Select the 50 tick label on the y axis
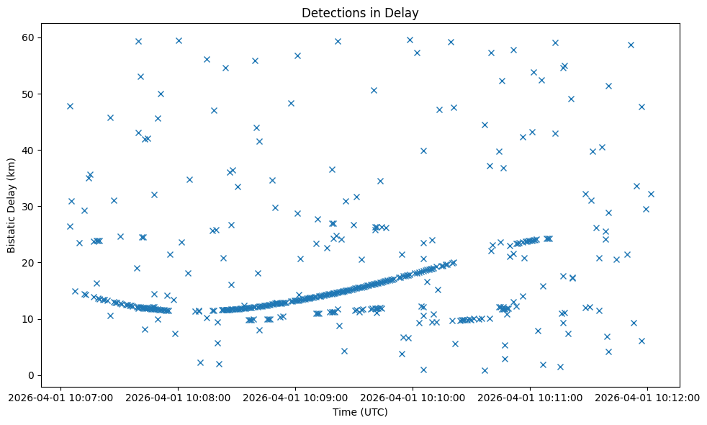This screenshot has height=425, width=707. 32,94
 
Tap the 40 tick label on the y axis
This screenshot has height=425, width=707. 32,150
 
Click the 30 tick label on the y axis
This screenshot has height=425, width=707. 32,206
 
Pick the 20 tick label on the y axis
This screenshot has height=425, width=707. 32,262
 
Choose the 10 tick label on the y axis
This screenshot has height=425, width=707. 32,318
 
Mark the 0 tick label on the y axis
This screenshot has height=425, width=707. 34,375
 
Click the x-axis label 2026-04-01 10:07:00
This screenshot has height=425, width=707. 61,397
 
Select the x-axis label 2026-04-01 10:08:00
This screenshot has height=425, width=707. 179,397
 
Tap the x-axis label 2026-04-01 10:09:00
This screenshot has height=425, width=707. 295,397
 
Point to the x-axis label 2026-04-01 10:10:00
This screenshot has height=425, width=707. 413,397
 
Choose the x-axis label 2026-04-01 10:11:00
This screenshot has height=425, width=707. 530,397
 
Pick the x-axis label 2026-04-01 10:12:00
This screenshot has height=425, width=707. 647,397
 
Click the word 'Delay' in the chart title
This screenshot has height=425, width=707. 404,12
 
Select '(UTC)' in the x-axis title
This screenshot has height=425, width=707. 374,412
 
